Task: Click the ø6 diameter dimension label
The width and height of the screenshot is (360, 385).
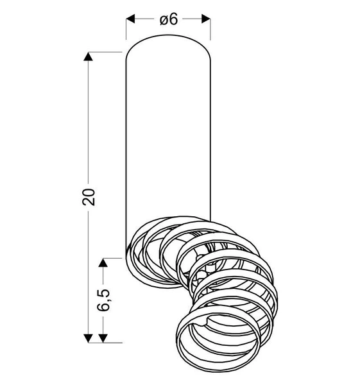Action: point(168,19)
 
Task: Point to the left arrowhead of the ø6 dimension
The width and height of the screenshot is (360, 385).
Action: point(130,19)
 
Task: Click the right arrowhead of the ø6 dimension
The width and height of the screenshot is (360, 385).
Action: point(206,19)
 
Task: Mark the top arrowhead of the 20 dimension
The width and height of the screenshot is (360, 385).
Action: point(89,56)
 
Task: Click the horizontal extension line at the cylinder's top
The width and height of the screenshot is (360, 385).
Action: point(103,52)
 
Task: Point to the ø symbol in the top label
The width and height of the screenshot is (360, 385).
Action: point(163,20)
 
